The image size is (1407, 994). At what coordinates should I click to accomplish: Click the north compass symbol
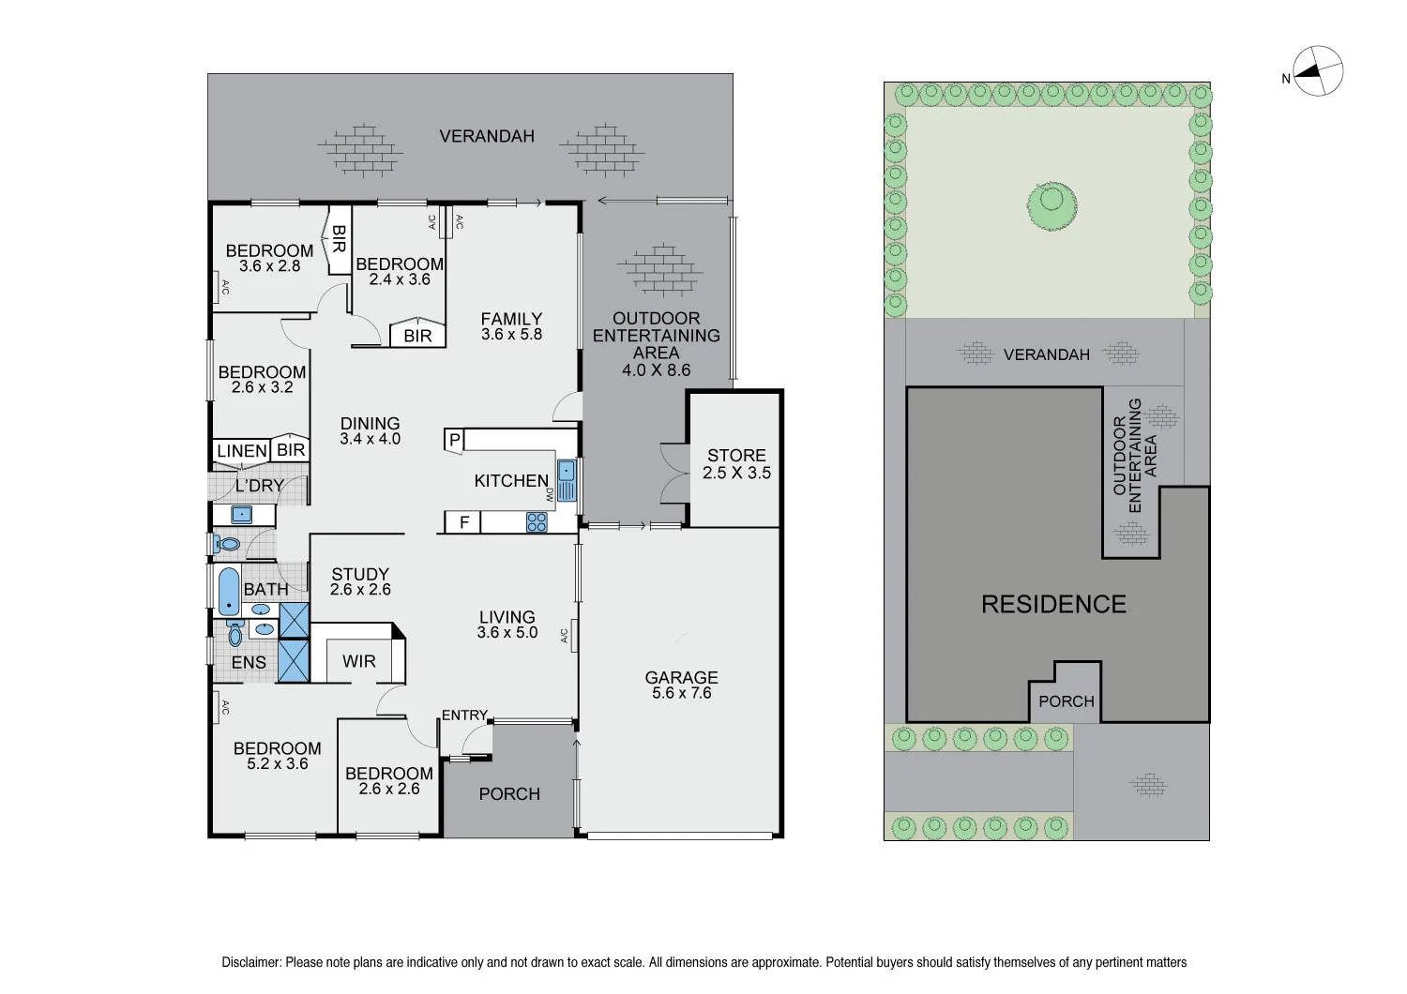pyautogui.click(x=1318, y=71)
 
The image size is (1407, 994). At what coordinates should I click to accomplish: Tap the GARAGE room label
pyautogui.click(x=681, y=678)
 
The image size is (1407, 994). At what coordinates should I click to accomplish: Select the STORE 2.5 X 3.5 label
pyautogui.click(x=736, y=464)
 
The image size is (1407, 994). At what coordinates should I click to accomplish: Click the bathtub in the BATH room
pyautogui.click(x=228, y=591)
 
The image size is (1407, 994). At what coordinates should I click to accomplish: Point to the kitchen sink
pyautogui.click(x=566, y=479)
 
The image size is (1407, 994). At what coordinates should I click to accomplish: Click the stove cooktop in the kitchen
pyautogui.click(x=537, y=521)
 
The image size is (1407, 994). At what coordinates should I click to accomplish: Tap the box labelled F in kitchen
pyautogui.click(x=463, y=522)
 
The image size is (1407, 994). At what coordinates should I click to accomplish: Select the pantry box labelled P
pyautogui.click(x=454, y=439)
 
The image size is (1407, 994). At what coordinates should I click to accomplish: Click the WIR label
pyautogui.click(x=358, y=661)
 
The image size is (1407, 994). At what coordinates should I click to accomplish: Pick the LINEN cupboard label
pyautogui.click(x=242, y=451)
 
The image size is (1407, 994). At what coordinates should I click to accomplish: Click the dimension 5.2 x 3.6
pyautogui.click(x=278, y=764)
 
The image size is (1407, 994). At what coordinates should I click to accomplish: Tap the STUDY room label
pyautogui.click(x=360, y=574)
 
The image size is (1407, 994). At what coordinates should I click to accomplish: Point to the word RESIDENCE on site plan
pyautogui.click(x=1053, y=604)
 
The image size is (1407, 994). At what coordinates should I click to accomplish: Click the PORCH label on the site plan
pyautogui.click(x=1066, y=701)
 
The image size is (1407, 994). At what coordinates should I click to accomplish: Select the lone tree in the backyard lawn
pyautogui.click(x=1051, y=204)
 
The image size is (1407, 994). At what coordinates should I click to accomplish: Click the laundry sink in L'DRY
pyautogui.click(x=242, y=514)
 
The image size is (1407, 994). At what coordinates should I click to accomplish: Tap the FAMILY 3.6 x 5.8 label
pyautogui.click(x=511, y=326)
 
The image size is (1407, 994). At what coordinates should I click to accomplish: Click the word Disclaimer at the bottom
pyautogui.click(x=250, y=962)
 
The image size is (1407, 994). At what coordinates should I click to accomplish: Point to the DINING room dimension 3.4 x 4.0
pyautogui.click(x=370, y=439)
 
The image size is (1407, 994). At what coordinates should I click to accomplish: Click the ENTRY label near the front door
pyautogui.click(x=464, y=715)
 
